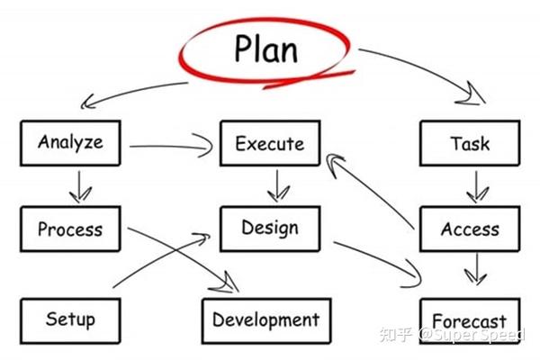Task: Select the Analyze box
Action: click(70, 142)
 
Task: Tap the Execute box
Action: click(269, 143)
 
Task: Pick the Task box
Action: click(471, 143)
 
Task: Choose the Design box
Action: click(269, 228)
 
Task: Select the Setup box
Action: click(70, 319)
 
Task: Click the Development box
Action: click(265, 319)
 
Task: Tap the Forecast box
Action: click(469, 320)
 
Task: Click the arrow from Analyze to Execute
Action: click(171, 145)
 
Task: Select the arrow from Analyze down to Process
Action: click(80, 185)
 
